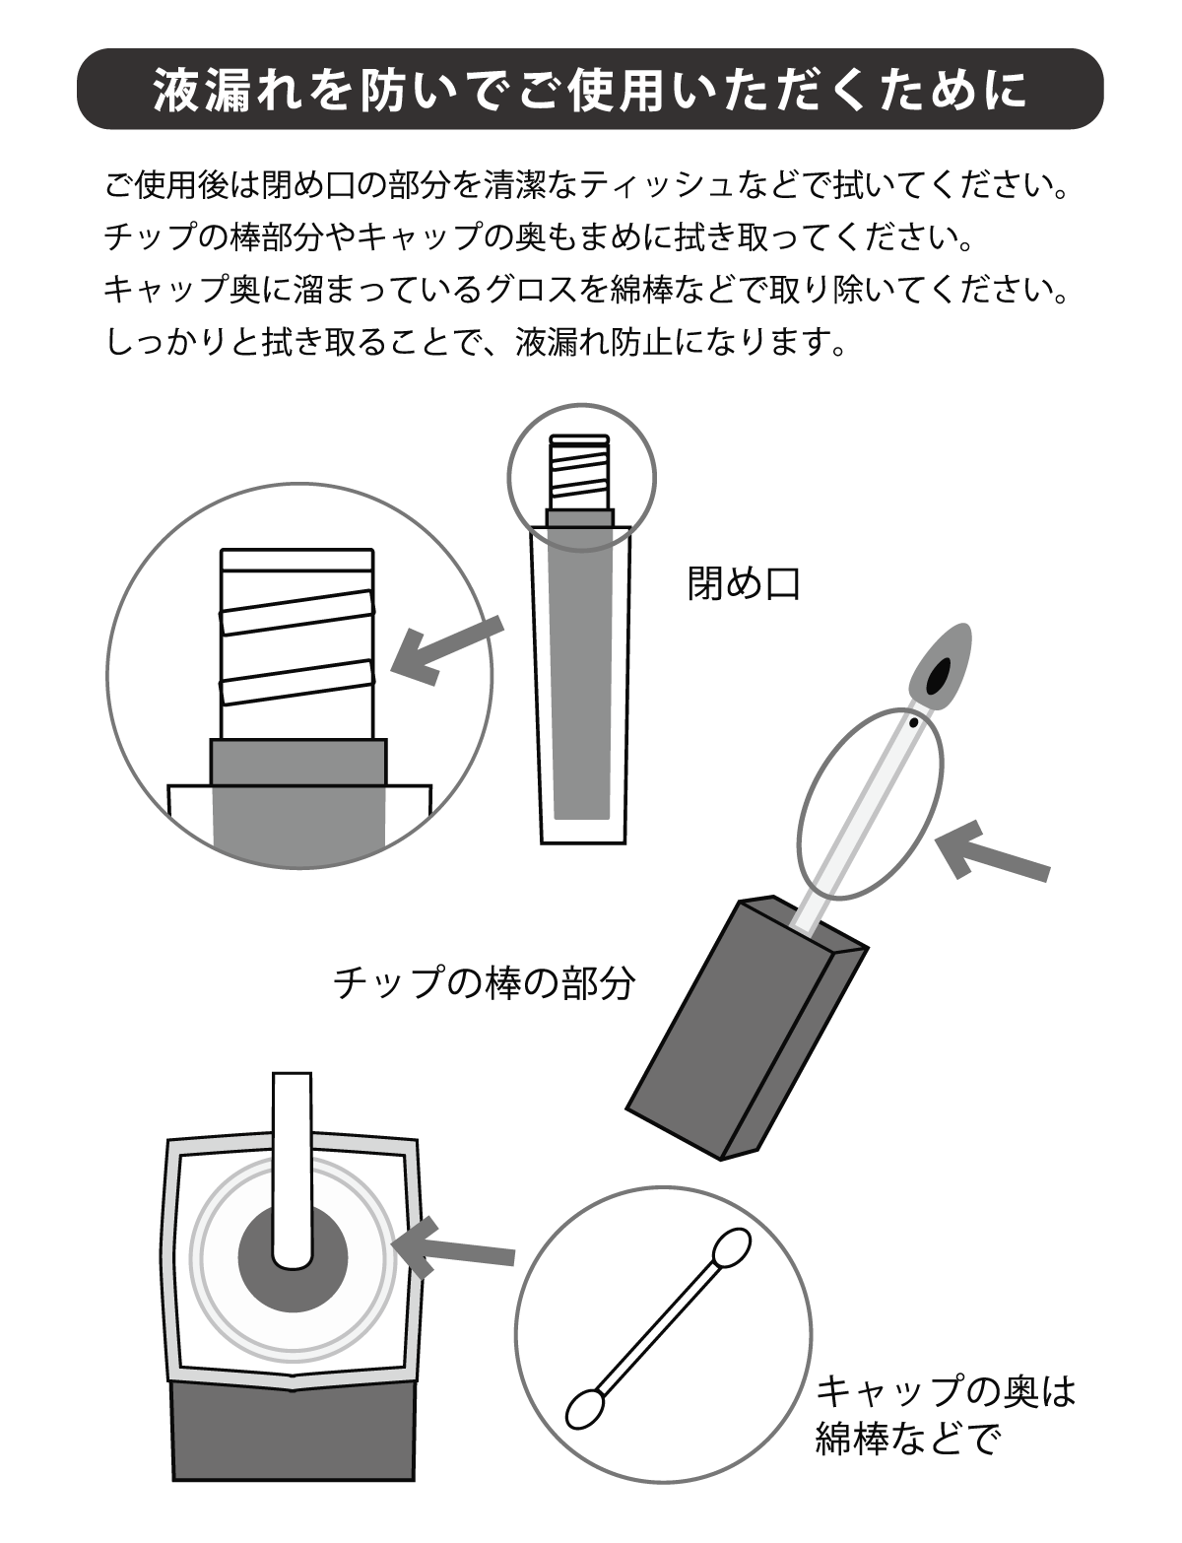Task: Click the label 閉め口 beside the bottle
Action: pyautogui.click(x=744, y=583)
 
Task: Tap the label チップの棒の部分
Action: pyautogui.click(x=485, y=983)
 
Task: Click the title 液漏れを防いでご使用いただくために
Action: pyautogui.click(x=590, y=90)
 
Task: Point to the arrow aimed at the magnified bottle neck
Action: pyautogui.click(x=446, y=650)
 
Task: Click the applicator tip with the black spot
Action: pyautogui.click(x=941, y=666)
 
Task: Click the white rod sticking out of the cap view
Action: pyautogui.click(x=293, y=1171)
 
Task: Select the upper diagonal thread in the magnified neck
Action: pyautogui.click(x=296, y=613)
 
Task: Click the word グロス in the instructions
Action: pyautogui.click(x=534, y=290)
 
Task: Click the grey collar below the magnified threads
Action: pyautogui.click(x=298, y=762)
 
